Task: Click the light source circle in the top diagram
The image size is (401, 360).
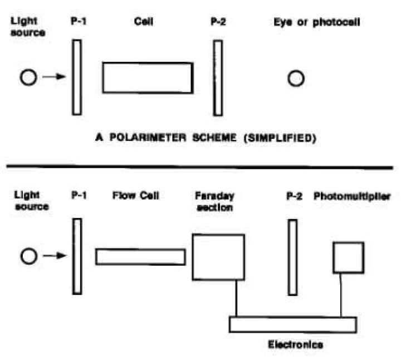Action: click(28, 78)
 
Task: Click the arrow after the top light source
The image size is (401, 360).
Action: click(53, 78)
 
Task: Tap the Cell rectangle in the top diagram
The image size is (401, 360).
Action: click(148, 77)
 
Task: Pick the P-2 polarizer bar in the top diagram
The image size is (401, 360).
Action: click(218, 77)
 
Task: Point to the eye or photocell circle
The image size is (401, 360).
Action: click(296, 79)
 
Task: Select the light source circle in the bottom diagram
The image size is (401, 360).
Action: click(28, 256)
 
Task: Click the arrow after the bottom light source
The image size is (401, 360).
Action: click(53, 256)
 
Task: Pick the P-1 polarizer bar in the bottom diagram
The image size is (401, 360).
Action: click(77, 256)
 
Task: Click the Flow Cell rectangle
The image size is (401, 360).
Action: click(140, 256)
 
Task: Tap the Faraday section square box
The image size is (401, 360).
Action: click(218, 256)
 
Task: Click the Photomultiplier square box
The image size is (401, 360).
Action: click(349, 257)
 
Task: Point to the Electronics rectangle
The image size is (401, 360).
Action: click(293, 324)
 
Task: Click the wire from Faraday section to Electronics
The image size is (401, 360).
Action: click(237, 298)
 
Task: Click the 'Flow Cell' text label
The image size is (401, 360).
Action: click(134, 196)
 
